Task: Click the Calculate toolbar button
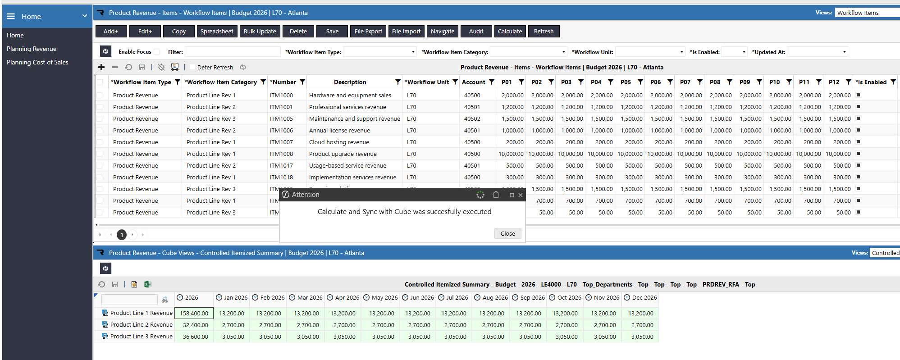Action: coord(510,32)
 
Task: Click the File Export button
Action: coord(368,32)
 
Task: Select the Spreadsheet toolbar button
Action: coord(217,32)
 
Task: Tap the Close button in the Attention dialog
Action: coord(507,233)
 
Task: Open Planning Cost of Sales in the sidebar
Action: coord(37,62)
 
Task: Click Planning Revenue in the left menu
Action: coord(32,49)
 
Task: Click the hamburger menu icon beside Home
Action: coord(11,16)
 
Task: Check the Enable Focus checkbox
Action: coord(156,52)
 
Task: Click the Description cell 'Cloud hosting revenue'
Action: coord(339,142)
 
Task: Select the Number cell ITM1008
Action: coord(281,154)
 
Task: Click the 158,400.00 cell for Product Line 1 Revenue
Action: coord(194,313)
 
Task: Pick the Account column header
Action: coord(474,82)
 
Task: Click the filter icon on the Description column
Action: coord(397,82)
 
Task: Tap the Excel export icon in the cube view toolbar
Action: coord(147,284)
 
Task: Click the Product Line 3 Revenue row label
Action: coord(142,336)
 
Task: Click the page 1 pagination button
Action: coord(122,235)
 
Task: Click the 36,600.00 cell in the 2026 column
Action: coord(196,337)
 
